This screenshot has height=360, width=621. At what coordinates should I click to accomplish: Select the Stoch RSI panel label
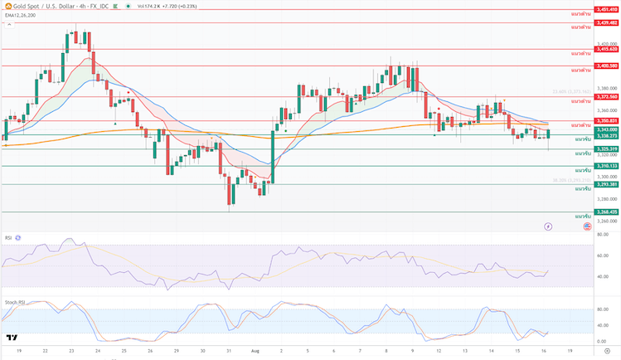(x=13, y=302)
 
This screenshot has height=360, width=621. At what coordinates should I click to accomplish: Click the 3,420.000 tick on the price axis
(x=606, y=44)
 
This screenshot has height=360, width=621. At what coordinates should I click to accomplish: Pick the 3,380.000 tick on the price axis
(x=606, y=88)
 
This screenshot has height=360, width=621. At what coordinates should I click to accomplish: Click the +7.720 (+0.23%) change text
(x=171, y=6)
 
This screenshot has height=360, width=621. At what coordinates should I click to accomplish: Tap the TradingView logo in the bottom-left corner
(x=12, y=338)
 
